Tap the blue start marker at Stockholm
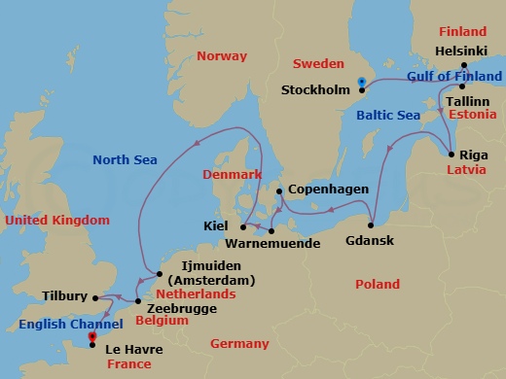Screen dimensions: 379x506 click(x=361, y=82)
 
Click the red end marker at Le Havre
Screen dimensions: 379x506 click(x=91, y=336)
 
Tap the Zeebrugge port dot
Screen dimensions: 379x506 click(x=139, y=301)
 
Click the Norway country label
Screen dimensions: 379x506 click(x=221, y=55)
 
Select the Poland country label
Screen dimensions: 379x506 click(x=377, y=285)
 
